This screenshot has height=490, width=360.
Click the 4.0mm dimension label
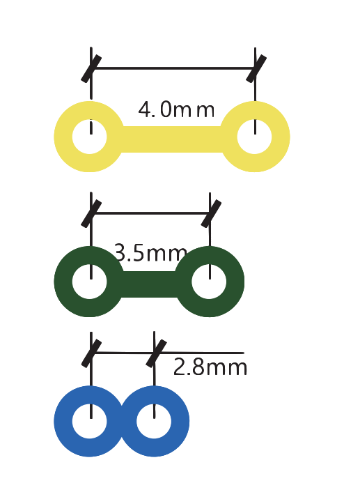[x=176, y=109]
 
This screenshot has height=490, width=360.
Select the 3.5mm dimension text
[x=151, y=252]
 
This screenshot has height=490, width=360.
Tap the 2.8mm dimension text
[x=210, y=367]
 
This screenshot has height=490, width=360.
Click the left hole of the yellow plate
[x=90, y=137]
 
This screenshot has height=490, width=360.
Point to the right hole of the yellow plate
[x=254, y=137]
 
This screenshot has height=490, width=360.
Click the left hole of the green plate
[x=90, y=282]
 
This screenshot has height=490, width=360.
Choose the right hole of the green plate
[x=209, y=282]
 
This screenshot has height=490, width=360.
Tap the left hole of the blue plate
[x=90, y=421]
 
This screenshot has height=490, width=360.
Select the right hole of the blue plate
[x=154, y=421]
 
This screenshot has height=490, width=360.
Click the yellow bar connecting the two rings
[x=172, y=139]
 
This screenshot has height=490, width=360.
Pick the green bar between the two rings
[x=149, y=284]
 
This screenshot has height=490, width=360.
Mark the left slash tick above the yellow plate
[x=91, y=69]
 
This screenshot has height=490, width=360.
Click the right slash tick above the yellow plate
[x=256, y=69]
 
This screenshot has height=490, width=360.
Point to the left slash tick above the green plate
[x=91, y=214]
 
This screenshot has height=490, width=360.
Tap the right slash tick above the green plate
[x=211, y=214]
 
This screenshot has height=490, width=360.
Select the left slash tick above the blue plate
[x=91, y=353]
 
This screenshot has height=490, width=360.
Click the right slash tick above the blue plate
[x=156, y=353]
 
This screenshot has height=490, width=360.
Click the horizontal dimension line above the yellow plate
[x=173, y=68]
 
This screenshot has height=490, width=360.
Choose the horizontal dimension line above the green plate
[x=151, y=213]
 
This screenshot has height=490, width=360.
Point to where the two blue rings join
[x=122, y=421]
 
